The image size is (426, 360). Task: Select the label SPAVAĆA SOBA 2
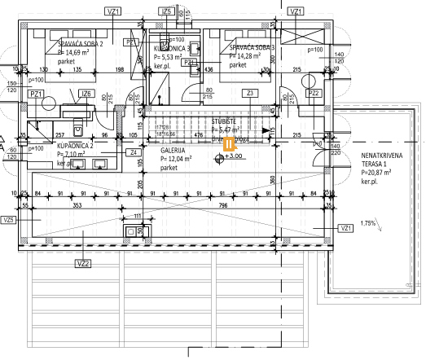(x=80, y=43)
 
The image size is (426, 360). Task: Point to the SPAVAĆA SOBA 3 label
(x=253, y=47)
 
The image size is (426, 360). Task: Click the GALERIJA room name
(x=173, y=151)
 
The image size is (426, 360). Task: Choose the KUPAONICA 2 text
(x=79, y=144)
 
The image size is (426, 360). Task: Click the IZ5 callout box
(x=166, y=12)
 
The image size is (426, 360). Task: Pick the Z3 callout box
(x=251, y=94)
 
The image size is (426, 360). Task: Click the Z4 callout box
(x=134, y=151)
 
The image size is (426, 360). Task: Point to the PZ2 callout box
(x=315, y=94)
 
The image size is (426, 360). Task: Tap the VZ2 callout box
(x=82, y=263)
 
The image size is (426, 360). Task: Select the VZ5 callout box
(x=9, y=220)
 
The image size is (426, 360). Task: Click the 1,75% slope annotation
(x=368, y=222)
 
